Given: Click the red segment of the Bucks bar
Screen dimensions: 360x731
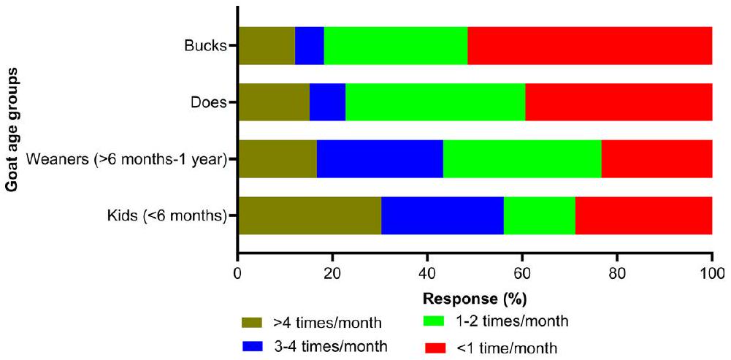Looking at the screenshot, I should tap(589, 45).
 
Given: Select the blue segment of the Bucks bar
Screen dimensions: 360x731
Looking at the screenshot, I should tap(309, 45).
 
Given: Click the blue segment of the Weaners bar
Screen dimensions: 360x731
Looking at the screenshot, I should tap(380, 158).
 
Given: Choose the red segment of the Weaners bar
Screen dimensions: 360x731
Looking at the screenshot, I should tap(657, 158).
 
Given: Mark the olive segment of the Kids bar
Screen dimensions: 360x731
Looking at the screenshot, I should tap(309, 215).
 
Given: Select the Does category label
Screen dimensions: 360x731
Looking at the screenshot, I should tap(208, 102).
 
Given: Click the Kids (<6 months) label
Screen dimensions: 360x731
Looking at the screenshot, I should tap(167, 215).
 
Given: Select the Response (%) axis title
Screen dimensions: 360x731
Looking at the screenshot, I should tap(475, 299).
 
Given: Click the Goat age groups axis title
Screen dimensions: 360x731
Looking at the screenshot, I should tap(12, 130).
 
